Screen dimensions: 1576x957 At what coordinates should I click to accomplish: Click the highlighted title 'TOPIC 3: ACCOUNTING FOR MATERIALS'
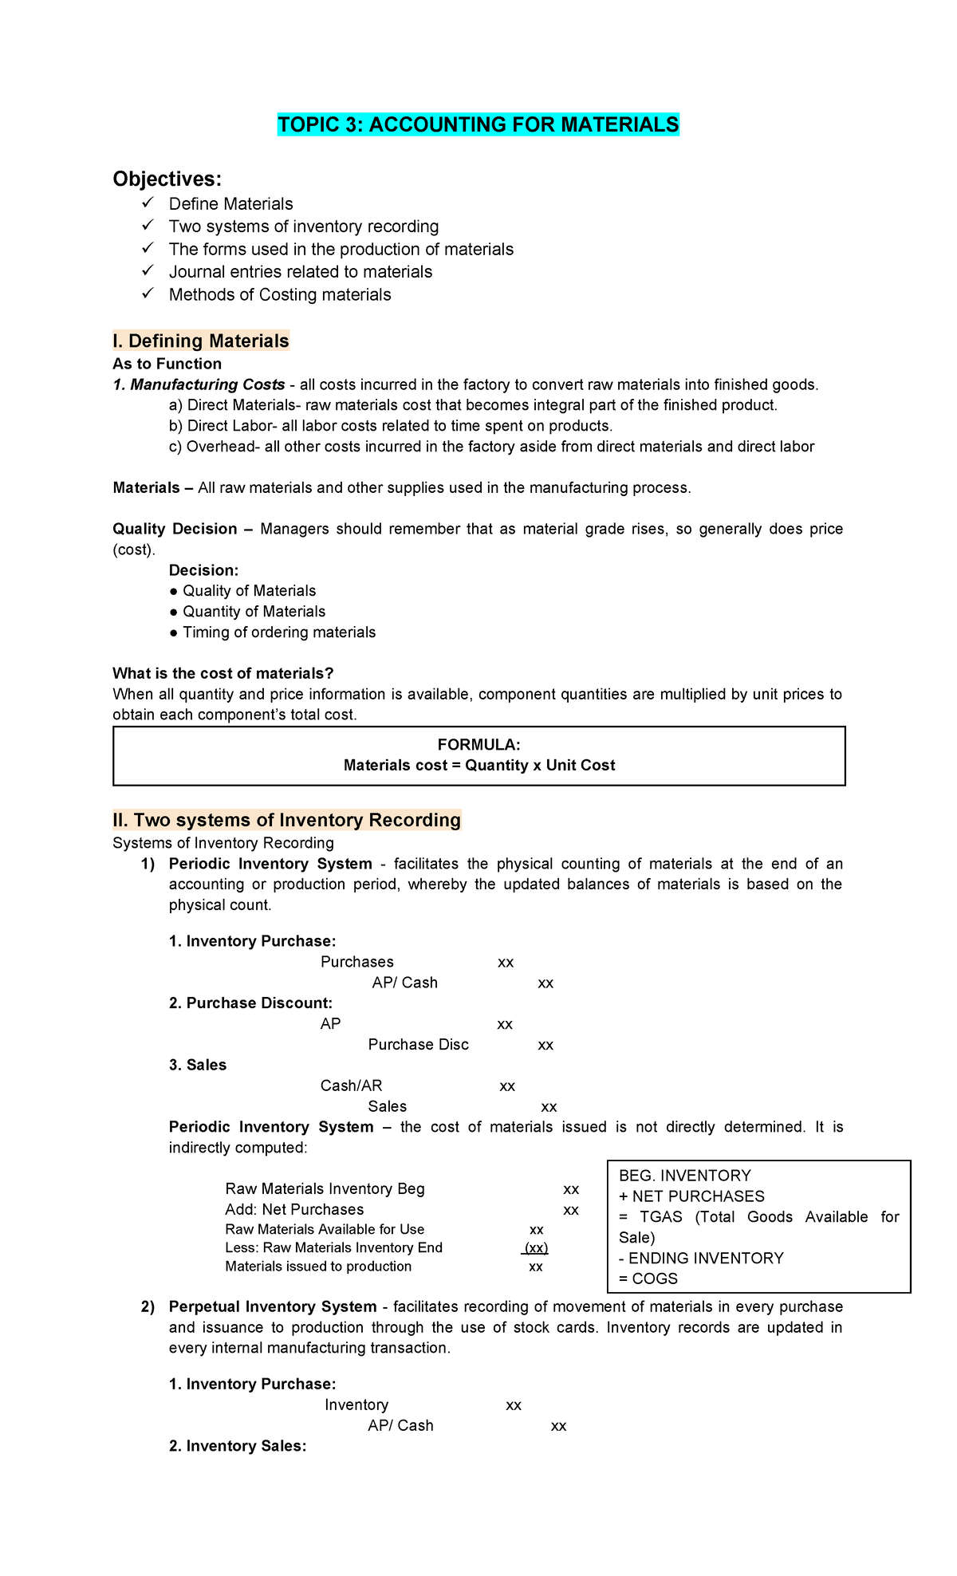pos(478,125)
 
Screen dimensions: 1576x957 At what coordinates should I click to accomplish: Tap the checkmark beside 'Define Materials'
pos(147,203)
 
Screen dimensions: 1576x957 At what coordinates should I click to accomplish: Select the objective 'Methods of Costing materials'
pos(280,295)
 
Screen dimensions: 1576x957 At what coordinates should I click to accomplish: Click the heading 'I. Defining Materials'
pos(201,341)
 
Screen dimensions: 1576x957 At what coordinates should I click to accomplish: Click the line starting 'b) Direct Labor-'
pos(391,426)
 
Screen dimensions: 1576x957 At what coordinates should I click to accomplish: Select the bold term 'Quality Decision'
pos(175,529)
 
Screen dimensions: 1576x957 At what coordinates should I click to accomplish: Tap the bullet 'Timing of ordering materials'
pos(278,632)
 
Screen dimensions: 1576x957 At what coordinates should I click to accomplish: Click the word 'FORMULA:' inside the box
pos(478,745)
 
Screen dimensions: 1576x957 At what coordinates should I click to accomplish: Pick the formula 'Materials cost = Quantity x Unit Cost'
pos(478,766)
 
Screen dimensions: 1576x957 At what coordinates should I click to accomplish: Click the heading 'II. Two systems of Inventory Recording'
pos(287,821)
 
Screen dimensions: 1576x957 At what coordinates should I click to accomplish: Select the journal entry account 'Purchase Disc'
pos(418,1045)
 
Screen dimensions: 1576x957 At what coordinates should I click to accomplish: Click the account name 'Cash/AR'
pos(351,1086)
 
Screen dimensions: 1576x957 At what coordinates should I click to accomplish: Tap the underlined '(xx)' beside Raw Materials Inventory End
pos(535,1248)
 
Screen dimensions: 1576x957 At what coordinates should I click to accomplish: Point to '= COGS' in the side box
pos(648,1279)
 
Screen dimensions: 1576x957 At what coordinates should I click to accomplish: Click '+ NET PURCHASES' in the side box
pos(691,1196)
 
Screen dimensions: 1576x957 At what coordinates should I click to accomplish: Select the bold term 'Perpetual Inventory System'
pos(273,1307)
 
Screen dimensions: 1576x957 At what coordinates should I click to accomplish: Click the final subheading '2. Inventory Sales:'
pos(238,1446)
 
